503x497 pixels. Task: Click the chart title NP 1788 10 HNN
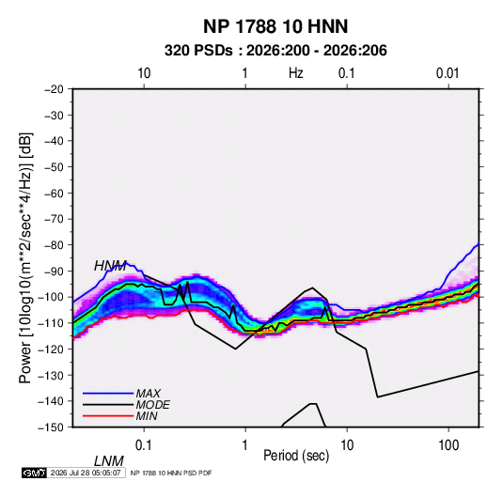point(275,26)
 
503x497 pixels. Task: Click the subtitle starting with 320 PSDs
point(275,51)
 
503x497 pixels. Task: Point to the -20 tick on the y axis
point(54,89)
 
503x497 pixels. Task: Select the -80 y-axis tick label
point(54,245)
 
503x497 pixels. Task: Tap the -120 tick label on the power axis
point(51,349)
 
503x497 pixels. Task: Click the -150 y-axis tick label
point(51,427)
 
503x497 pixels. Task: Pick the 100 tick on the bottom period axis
point(448,445)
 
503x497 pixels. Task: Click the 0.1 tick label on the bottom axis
point(144,445)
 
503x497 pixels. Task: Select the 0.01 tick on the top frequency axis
point(448,73)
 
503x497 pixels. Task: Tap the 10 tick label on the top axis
point(144,73)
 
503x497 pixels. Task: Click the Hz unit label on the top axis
point(296,73)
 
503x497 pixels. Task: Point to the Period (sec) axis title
point(296,456)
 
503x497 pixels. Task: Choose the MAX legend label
point(148,394)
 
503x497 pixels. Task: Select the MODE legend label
point(152,405)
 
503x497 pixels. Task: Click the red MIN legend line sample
point(108,416)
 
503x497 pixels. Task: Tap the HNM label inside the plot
point(110,266)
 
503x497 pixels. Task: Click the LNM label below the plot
point(108,461)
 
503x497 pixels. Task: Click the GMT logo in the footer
point(35,473)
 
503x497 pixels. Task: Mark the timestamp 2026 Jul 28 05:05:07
point(86,473)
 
